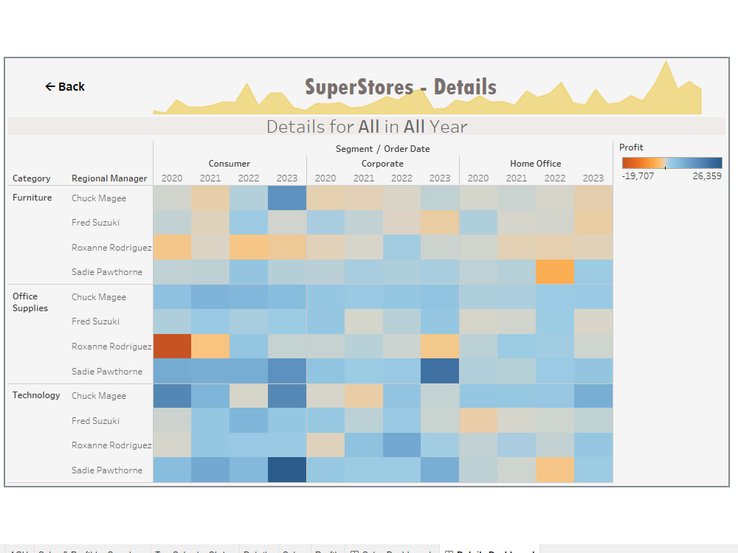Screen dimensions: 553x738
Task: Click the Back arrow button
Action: point(65,87)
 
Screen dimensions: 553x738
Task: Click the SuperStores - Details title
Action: point(401,87)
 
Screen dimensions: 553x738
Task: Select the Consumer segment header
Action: point(230,164)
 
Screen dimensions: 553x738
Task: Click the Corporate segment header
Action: point(382,164)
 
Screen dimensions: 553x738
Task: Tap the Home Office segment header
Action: point(536,164)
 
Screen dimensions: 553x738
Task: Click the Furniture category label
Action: point(32,198)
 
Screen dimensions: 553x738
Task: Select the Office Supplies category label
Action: point(30,302)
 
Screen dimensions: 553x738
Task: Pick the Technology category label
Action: point(36,395)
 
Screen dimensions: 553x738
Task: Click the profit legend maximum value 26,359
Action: point(706,176)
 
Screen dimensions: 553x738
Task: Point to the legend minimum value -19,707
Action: point(638,176)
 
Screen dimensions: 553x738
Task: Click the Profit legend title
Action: point(631,147)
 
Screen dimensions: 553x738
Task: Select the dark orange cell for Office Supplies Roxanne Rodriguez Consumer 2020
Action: point(172,347)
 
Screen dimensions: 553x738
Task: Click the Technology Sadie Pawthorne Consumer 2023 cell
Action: point(287,470)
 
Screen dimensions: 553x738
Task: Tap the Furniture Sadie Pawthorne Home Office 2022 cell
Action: point(555,272)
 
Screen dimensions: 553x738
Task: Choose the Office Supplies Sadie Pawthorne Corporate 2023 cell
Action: point(440,371)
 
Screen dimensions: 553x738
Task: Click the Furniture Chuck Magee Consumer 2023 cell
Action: point(287,198)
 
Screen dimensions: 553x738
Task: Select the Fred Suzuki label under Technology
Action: point(95,421)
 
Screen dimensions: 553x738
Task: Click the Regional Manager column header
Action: point(109,178)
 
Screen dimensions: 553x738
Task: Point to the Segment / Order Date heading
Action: point(382,149)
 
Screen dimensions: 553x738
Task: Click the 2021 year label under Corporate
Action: point(364,178)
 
